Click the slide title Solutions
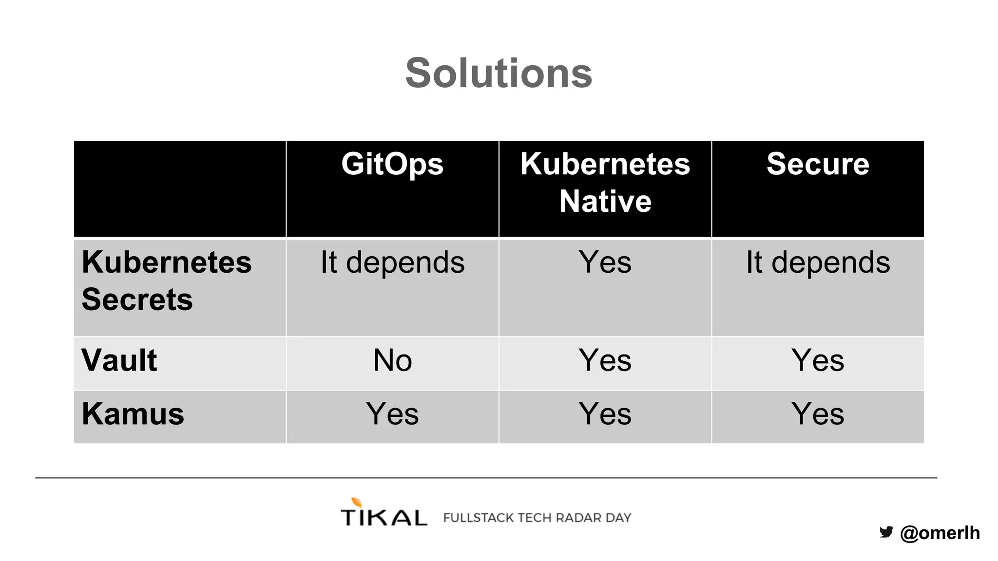pyautogui.click(x=499, y=73)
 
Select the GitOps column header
pyautogui.click(x=392, y=164)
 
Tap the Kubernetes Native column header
pyautogui.click(x=605, y=182)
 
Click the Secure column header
pyautogui.click(x=818, y=164)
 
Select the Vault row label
pyautogui.click(x=119, y=360)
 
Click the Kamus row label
pyautogui.click(x=133, y=414)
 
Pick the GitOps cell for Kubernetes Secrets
pyautogui.click(x=392, y=262)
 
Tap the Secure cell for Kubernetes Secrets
pyautogui.click(x=818, y=262)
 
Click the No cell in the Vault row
pyautogui.click(x=392, y=360)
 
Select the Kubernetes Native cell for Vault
pyautogui.click(x=605, y=360)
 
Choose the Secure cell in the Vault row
pyautogui.click(x=818, y=360)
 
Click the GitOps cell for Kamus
pyautogui.click(x=392, y=414)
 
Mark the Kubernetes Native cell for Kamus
pyautogui.click(x=605, y=414)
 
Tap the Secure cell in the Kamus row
pyautogui.click(x=818, y=414)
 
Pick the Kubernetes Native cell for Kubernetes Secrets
pyautogui.click(x=605, y=262)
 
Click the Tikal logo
pyautogui.click(x=384, y=513)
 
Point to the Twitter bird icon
pyautogui.click(x=886, y=532)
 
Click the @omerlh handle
pyautogui.click(x=940, y=533)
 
